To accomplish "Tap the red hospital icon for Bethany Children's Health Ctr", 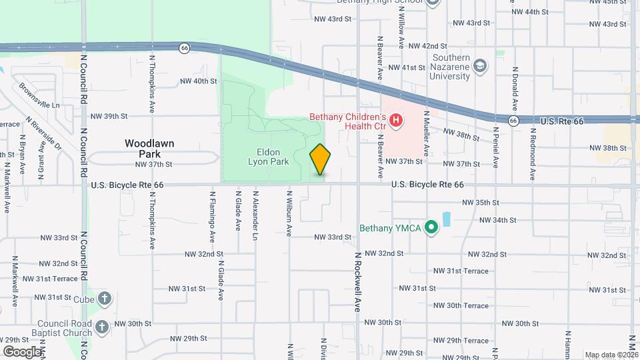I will [x=396, y=121].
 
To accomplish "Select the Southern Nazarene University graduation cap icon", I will [x=480, y=66].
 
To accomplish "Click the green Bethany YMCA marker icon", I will [x=431, y=228].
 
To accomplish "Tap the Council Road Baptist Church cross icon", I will [x=101, y=327].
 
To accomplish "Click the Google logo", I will [x=22, y=351].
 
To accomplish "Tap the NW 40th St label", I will [x=199, y=81].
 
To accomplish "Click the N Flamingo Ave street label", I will [x=213, y=217].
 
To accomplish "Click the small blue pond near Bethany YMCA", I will [x=446, y=219].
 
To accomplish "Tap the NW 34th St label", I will [x=498, y=220].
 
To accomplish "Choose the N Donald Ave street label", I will [x=515, y=89].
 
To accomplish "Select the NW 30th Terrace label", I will [x=461, y=305].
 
